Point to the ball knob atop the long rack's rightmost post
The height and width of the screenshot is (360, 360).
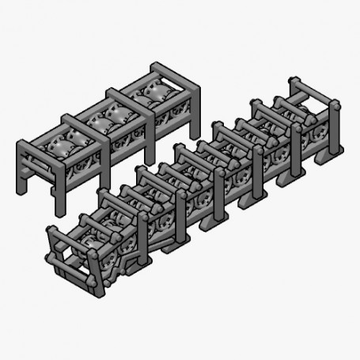pyautogui.click(x=336, y=105)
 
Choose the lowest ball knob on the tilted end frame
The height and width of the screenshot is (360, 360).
pyautogui.click(x=94, y=283)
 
